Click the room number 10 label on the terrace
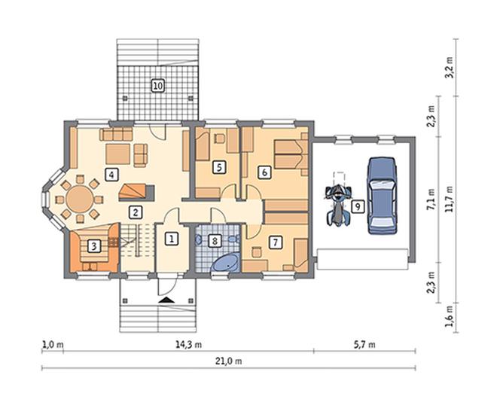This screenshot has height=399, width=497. (158, 86)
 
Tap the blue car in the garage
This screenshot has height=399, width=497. (382, 195)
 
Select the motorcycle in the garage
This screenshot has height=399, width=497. (339, 205)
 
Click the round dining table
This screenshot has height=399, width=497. (80, 199)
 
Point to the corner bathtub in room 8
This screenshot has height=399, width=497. (225, 263)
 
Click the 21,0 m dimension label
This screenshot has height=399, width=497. (228, 361)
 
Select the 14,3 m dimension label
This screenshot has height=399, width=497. (188, 344)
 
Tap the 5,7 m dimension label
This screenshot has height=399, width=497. (364, 344)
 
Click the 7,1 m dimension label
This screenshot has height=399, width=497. (431, 199)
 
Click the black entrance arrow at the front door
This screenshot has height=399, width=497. (166, 300)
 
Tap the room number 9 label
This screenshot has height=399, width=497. (358, 206)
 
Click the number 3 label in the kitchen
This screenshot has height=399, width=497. (93, 246)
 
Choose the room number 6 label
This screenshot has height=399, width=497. (264, 172)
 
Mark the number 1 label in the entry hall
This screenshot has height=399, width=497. (172, 239)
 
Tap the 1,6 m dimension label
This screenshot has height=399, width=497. (449, 317)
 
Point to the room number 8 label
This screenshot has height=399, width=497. (215, 241)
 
